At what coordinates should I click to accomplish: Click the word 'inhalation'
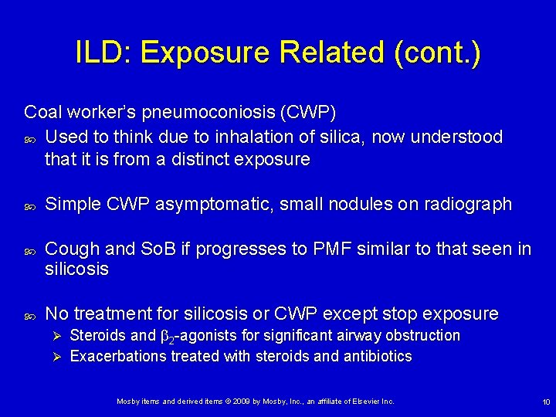click(x=276, y=137)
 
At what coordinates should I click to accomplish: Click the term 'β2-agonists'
click(x=198, y=336)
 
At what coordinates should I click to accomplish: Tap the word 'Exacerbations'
click(x=120, y=357)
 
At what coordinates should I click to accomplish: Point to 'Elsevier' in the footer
click(x=366, y=402)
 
